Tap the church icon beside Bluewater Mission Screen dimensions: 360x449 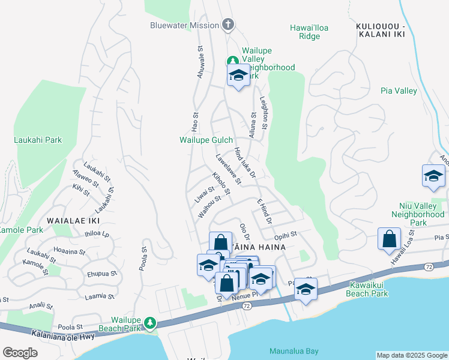[228, 25]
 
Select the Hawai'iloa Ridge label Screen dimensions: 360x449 [309, 32]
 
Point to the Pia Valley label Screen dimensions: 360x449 [399, 91]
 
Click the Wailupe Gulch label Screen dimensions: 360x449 [206, 140]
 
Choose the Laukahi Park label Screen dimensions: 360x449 [38, 140]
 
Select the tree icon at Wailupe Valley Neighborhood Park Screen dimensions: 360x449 [232, 61]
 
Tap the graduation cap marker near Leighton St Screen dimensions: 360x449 [238, 76]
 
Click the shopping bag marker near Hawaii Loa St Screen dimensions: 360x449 [389, 238]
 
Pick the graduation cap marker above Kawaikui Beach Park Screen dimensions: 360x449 [306, 290]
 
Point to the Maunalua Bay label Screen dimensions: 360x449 [294, 351]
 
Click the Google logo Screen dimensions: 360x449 [20, 353]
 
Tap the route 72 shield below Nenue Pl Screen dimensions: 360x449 [247, 306]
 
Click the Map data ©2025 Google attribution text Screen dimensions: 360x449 [411, 355]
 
